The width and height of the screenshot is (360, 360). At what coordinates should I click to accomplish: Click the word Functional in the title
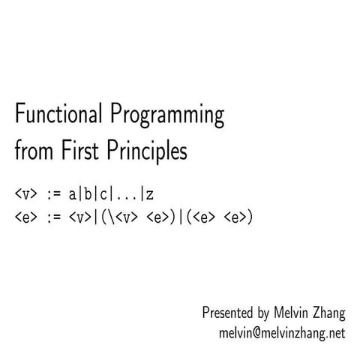click(x=59, y=117)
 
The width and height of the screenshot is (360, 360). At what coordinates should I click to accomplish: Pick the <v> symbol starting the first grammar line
click(x=25, y=194)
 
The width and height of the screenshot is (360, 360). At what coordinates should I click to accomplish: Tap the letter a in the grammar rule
click(x=73, y=194)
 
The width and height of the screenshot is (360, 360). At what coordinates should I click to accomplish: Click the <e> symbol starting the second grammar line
click(x=25, y=217)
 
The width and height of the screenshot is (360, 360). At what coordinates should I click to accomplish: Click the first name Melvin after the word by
click(x=293, y=312)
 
